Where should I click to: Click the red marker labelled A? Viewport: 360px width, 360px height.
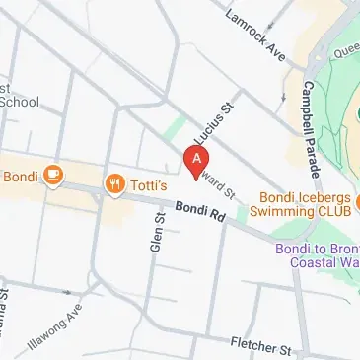pyautogui.click(x=198, y=158)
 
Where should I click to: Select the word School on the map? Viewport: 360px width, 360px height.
pyautogui.click(x=19, y=102)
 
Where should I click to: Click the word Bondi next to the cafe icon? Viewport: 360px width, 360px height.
pyautogui.click(x=19, y=178)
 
